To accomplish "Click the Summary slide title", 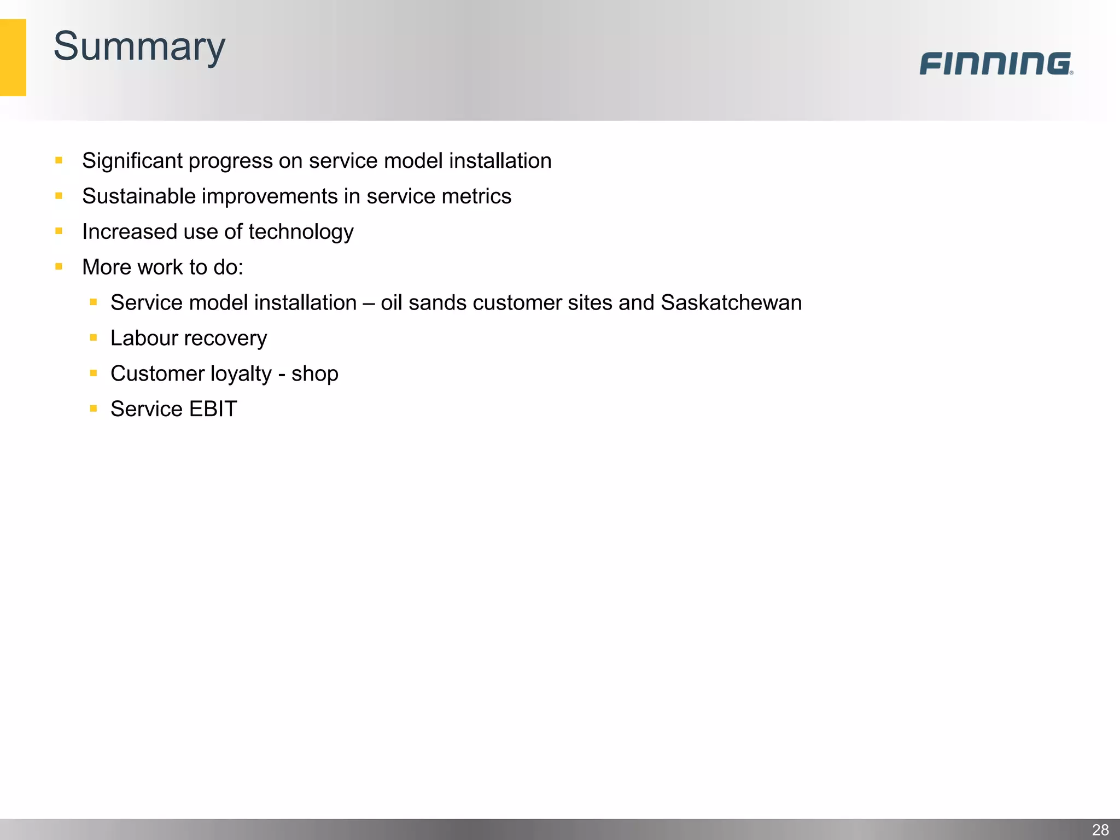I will coord(139,47).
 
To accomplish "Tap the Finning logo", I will coord(995,63).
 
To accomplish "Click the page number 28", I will coord(1100,830).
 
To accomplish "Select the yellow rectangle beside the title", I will coord(13,57).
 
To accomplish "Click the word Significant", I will coord(132,161).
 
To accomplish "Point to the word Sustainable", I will coord(138,196).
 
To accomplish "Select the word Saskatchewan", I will coord(731,302).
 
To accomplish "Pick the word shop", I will coord(314,374).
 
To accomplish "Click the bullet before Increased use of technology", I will coord(59,231).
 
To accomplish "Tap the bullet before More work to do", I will coord(59,267).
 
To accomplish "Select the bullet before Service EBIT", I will coord(94,409).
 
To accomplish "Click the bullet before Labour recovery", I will coord(94,338).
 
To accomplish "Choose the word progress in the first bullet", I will coord(230,161).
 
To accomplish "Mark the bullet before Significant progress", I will coord(59,160).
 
